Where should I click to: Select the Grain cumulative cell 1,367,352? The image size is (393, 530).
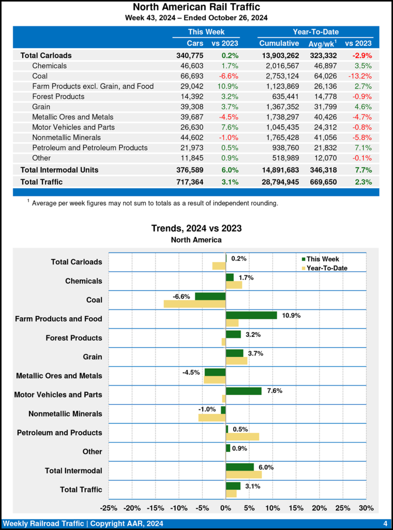(279, 107)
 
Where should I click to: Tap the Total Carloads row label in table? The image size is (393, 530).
(46, 55)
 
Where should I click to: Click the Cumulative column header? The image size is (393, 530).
(279, 43)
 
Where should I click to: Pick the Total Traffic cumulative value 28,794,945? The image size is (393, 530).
(275, 182)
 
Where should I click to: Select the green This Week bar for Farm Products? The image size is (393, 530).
(251, 315)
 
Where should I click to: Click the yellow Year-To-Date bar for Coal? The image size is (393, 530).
(194, 304)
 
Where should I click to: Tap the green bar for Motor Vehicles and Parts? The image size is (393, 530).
(244, 391)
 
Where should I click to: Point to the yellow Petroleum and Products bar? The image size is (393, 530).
(243, 436)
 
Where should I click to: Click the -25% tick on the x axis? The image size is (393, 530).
(109, 508)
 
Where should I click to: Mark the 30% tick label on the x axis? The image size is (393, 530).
(366, 508)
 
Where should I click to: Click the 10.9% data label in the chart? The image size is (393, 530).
(291, 315)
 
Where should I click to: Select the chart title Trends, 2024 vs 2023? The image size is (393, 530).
(196, 228)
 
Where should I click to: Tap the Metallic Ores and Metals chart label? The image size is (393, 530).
(59, 376)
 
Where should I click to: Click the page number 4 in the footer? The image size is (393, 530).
(385, 523)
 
